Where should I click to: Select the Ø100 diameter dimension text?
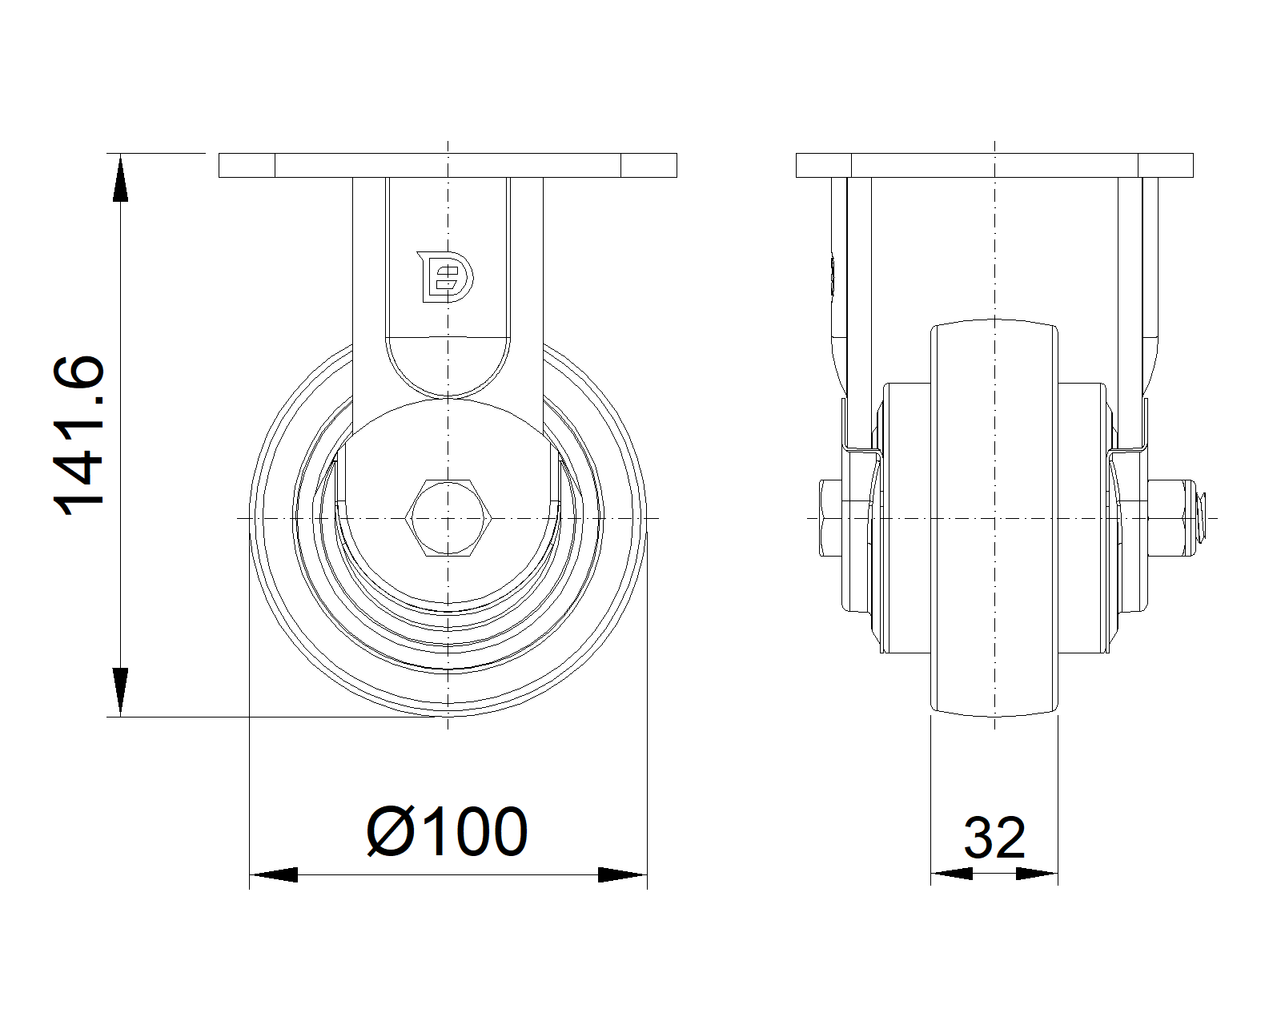[447, 831]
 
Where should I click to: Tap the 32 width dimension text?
[994, 838]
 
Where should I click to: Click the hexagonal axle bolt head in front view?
[448, 518]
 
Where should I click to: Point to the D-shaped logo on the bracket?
[445, 277]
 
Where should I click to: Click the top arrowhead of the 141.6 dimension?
[120, 178]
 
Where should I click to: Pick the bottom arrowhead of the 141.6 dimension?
[120, 692]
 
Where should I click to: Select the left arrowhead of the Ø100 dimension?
[273, 875]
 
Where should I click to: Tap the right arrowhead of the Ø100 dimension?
[623, 875]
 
